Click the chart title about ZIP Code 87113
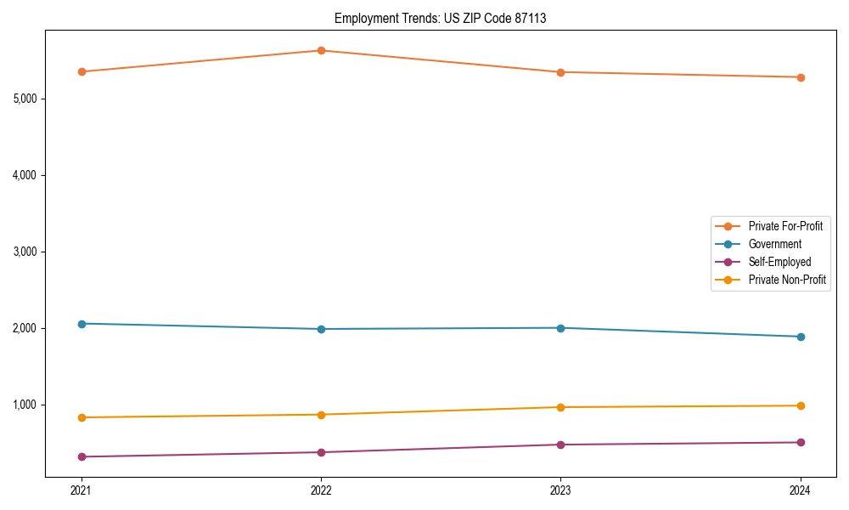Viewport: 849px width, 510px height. point(440,18)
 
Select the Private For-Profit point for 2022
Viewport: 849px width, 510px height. point(321,50)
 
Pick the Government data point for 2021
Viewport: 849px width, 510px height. point(82,324)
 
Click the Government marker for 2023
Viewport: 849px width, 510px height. point(560,328)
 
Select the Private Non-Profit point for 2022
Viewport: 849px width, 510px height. point(321,415)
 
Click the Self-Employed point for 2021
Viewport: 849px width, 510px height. point(82,457)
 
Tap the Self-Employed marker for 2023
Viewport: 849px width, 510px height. point(560,445)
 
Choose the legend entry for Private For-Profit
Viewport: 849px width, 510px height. point(785,226)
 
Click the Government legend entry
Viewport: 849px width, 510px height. point(774,244)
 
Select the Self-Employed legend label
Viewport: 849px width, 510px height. point(779,262)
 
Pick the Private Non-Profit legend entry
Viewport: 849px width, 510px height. point(787,280)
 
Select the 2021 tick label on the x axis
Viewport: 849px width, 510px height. point(82,490)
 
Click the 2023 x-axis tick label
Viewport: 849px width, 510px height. point(560,490)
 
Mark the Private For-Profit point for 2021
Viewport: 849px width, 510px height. point(82,71)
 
